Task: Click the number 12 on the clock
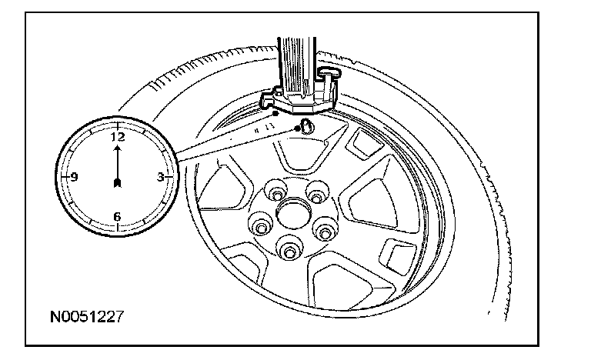tap(117, 137)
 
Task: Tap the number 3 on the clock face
tap(160, 177)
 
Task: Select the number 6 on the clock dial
tap(117, 216)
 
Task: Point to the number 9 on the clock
tap(74, 177)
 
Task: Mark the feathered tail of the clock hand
tap(117, 182)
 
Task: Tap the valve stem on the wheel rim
tap(306, 127)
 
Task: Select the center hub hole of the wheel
tap(290, 212)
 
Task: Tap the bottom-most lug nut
tap(289, 249)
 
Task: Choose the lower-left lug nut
tap(259, 227)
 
